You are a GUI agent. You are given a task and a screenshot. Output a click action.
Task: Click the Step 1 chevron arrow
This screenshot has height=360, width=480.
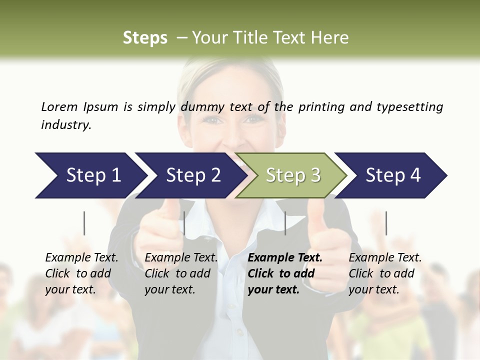coord(90,175)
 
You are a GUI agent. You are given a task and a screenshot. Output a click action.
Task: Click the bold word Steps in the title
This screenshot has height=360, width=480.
coord(145,37)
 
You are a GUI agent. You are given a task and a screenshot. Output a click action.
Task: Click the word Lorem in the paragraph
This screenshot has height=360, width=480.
coord(59,106)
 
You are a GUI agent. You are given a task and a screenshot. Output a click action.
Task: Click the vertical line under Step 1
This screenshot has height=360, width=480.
coord(84,223)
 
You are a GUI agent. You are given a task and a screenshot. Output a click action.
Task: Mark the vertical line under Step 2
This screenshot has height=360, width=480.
coord(184,223)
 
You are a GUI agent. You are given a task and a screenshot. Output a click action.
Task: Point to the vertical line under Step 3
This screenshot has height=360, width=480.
coord(285,223)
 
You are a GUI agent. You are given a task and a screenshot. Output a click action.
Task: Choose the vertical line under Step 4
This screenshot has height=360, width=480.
coord(386,223)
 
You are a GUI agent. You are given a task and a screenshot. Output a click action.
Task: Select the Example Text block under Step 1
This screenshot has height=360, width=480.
coord(81,273)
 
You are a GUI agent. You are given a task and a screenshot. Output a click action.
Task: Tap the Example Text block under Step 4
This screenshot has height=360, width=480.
coord(385,273)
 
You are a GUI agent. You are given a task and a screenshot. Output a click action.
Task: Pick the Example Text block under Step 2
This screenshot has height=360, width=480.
coord(181,273)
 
